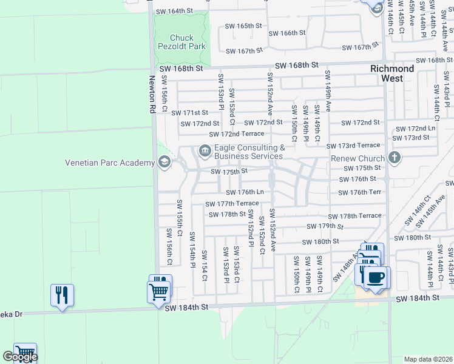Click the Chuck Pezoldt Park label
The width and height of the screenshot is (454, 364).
181,42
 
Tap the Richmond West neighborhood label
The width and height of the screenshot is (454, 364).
392,73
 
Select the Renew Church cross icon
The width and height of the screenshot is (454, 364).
395,158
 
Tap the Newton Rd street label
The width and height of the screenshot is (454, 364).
152,95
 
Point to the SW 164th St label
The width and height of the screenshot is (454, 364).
174,12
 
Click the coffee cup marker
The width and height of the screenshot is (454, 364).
376,278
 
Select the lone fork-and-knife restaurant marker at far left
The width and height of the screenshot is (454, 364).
62,295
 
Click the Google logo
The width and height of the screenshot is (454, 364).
20,357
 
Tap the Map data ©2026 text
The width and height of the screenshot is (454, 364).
428,359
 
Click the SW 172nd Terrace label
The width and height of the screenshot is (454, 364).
236,134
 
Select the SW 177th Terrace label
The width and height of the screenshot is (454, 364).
231,204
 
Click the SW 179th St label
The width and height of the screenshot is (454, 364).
325,226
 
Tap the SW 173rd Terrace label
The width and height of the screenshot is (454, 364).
353,146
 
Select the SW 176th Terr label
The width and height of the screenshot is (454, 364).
359,192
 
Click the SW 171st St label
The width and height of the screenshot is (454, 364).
189,113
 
